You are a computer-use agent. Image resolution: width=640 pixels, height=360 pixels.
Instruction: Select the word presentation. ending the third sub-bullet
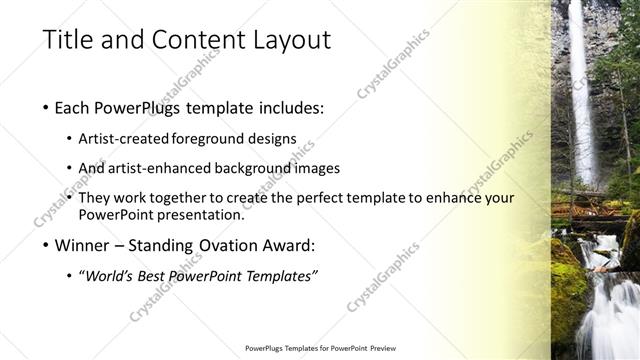coord(203,214)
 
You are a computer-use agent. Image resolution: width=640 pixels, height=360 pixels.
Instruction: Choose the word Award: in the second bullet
coord(288,245)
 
